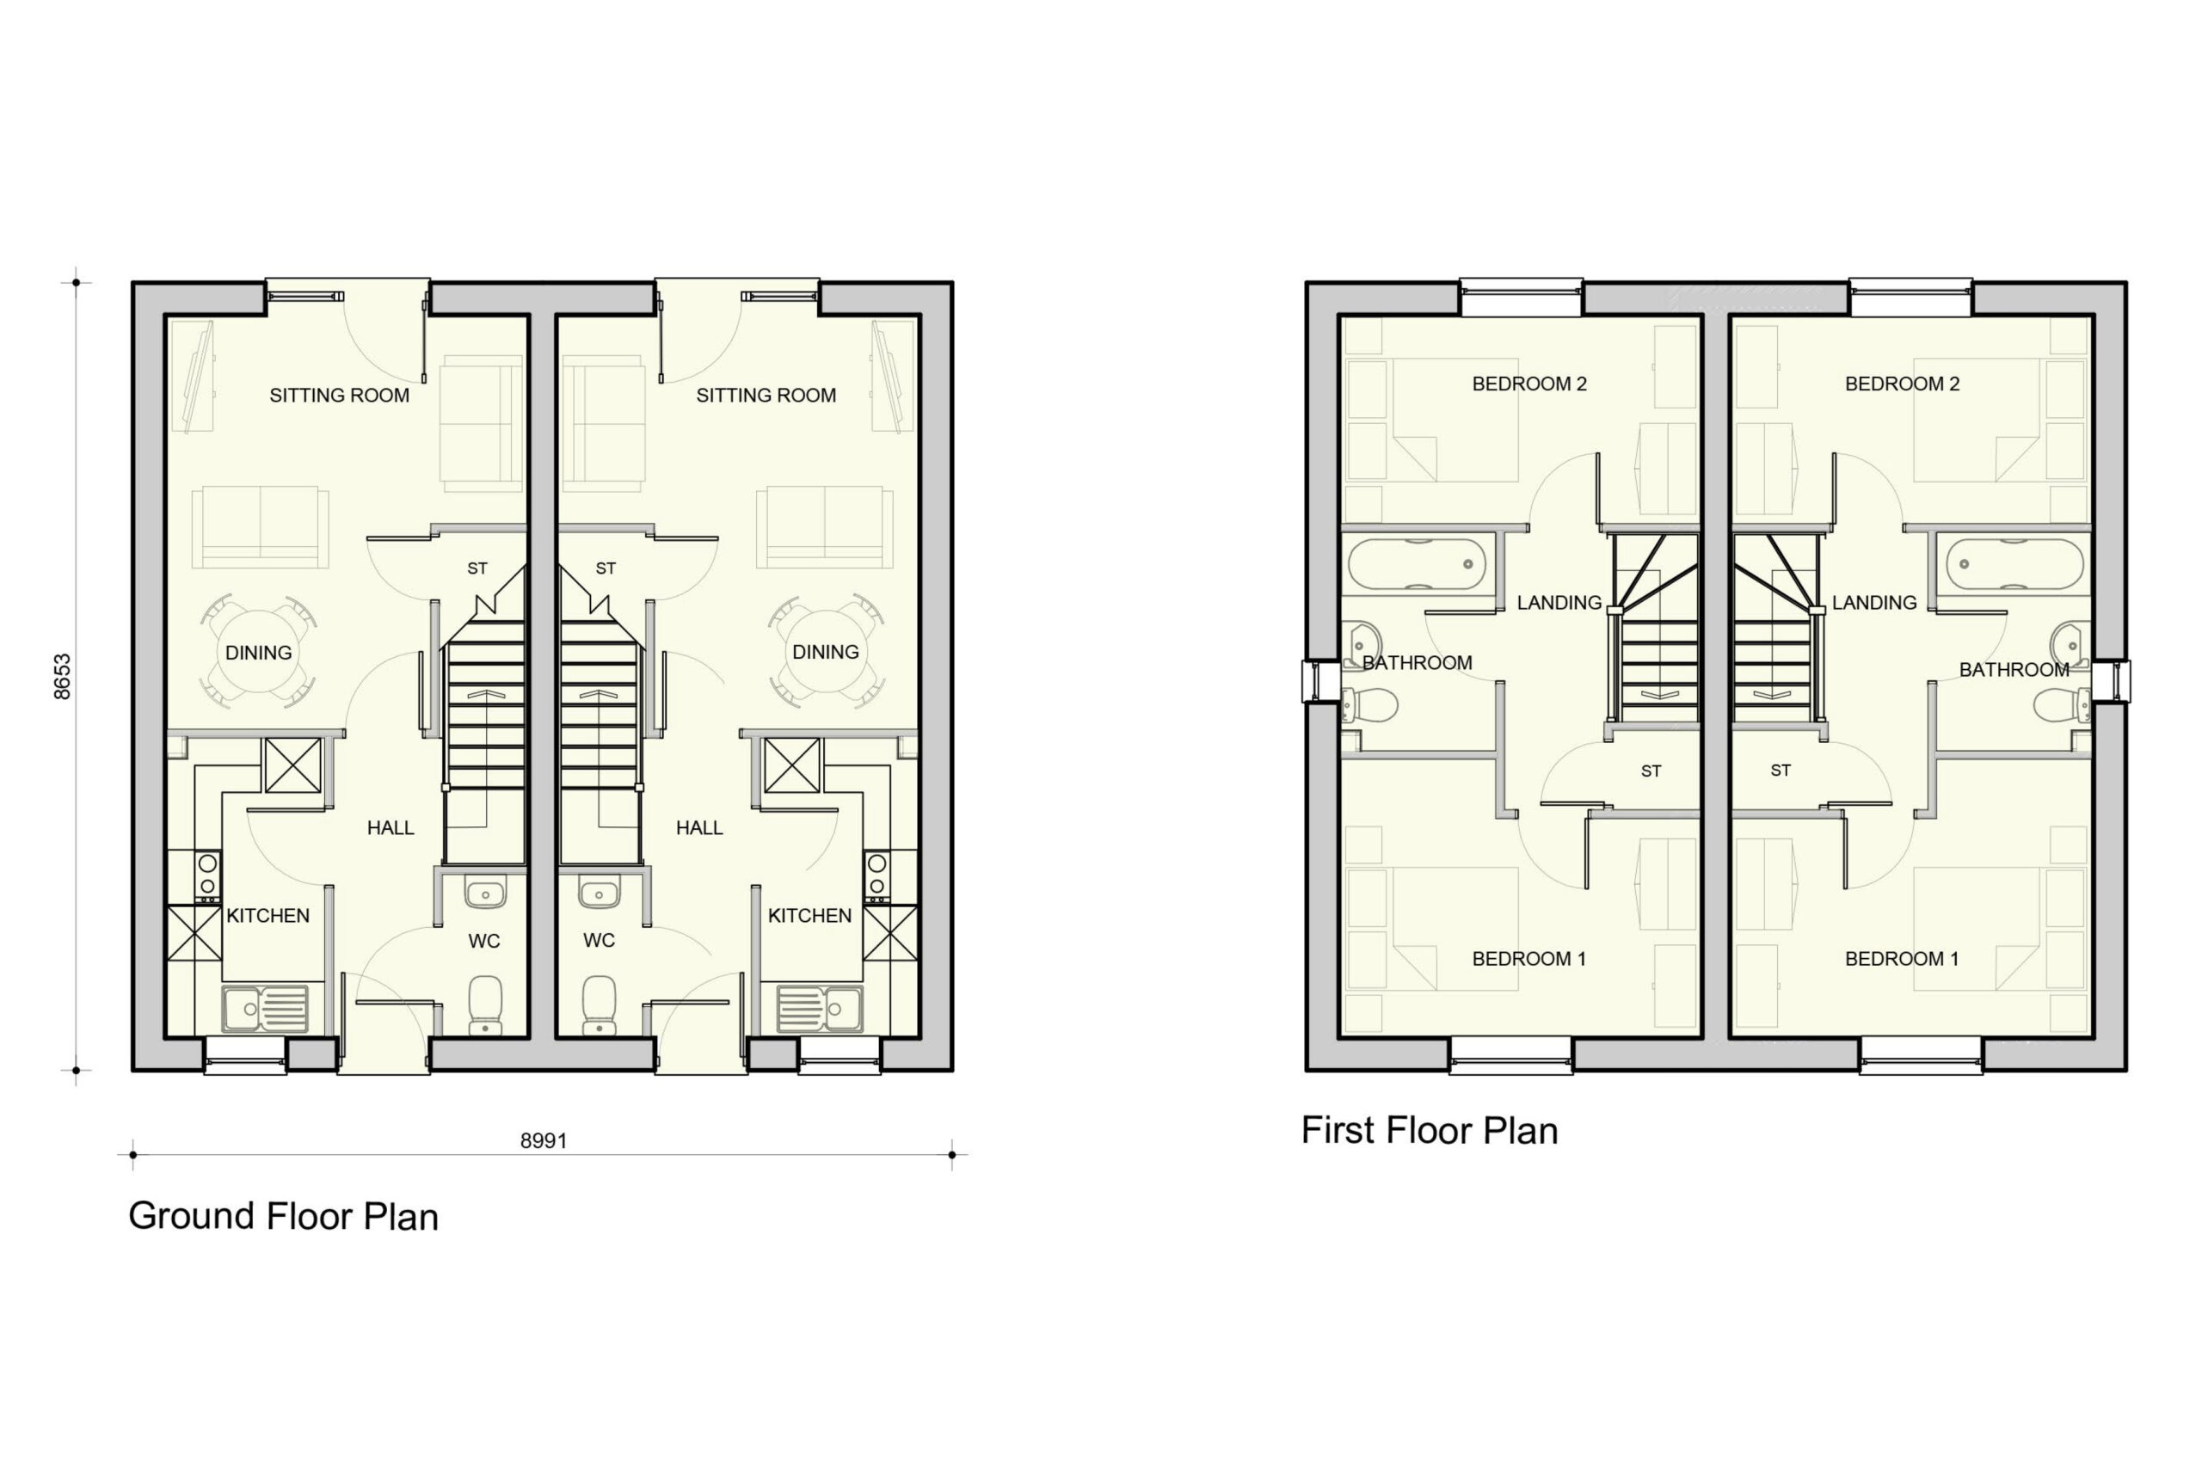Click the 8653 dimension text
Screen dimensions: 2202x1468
pyautogui.click(x=62, y=676)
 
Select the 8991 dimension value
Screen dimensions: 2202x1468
pyautogui.click(x=544, y=1140)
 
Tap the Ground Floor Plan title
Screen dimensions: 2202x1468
pyautogui.click(x=284, y=1216)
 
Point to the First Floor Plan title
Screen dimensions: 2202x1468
pyautogui.click(x=1430, y=1131)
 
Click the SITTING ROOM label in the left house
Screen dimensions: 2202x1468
pyautogui.click(x=340, y=396)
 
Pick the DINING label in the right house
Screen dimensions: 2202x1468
pyautogui.click(x=826, y=652)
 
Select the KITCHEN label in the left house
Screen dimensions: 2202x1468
pyautogui.click(x=268, y=916)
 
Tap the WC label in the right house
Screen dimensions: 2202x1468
pyautogui.click(x=600, y=940)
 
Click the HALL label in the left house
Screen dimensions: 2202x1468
pyautogui.click(x=391, y=827)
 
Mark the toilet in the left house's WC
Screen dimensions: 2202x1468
pyautogui.click(x=485, y=1004)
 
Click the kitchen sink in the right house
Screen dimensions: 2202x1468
pyautogui.click(x=820, y=1008)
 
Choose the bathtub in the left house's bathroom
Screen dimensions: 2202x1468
pyautogui.click(x=1417, y=563)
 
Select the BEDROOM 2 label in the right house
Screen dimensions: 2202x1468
pyautogui.click(x=1903, y=384)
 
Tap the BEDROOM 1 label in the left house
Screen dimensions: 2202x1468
pyautogui.click(x=1528, y=959)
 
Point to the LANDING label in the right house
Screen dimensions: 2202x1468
pyautogui.click(x=1874, y=603)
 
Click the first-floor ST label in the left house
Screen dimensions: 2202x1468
pyautogui.click(x=1651, y=771)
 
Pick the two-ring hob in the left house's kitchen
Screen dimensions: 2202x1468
pyautogui.click(x=208, y=875)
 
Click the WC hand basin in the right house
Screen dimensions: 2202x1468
pyautogui.click(x=600, y=892)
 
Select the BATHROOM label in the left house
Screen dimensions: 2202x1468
pyautogui.click(x=1418, y=663)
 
